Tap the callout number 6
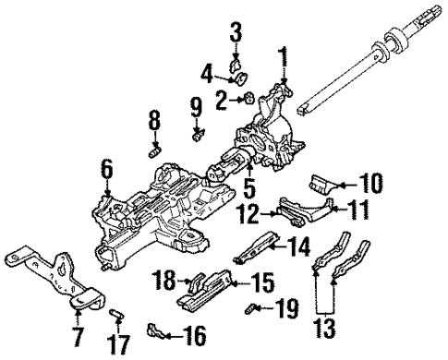point(106,169)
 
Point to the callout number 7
point(77,330)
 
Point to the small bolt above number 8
point(155,144)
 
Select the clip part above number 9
point(197,137)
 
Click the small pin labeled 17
point(116,317)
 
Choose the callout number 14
point(299,246)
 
